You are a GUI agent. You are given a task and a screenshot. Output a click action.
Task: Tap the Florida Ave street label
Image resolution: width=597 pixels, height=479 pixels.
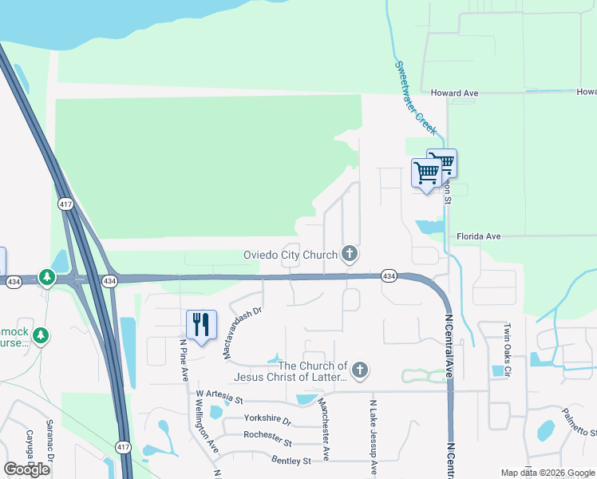478,236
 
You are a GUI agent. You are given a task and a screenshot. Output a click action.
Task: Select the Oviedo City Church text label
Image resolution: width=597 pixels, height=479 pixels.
291,255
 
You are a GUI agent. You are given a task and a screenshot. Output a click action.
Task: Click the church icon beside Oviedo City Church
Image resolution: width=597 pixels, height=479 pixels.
349,254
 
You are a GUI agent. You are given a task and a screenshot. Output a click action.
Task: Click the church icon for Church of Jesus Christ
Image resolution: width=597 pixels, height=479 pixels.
360,370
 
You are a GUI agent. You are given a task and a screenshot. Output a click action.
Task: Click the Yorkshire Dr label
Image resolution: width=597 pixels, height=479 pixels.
267,420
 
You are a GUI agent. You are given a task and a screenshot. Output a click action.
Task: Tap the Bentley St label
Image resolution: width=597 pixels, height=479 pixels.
291,461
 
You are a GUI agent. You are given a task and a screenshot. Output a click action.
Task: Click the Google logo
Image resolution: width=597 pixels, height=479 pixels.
27,469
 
